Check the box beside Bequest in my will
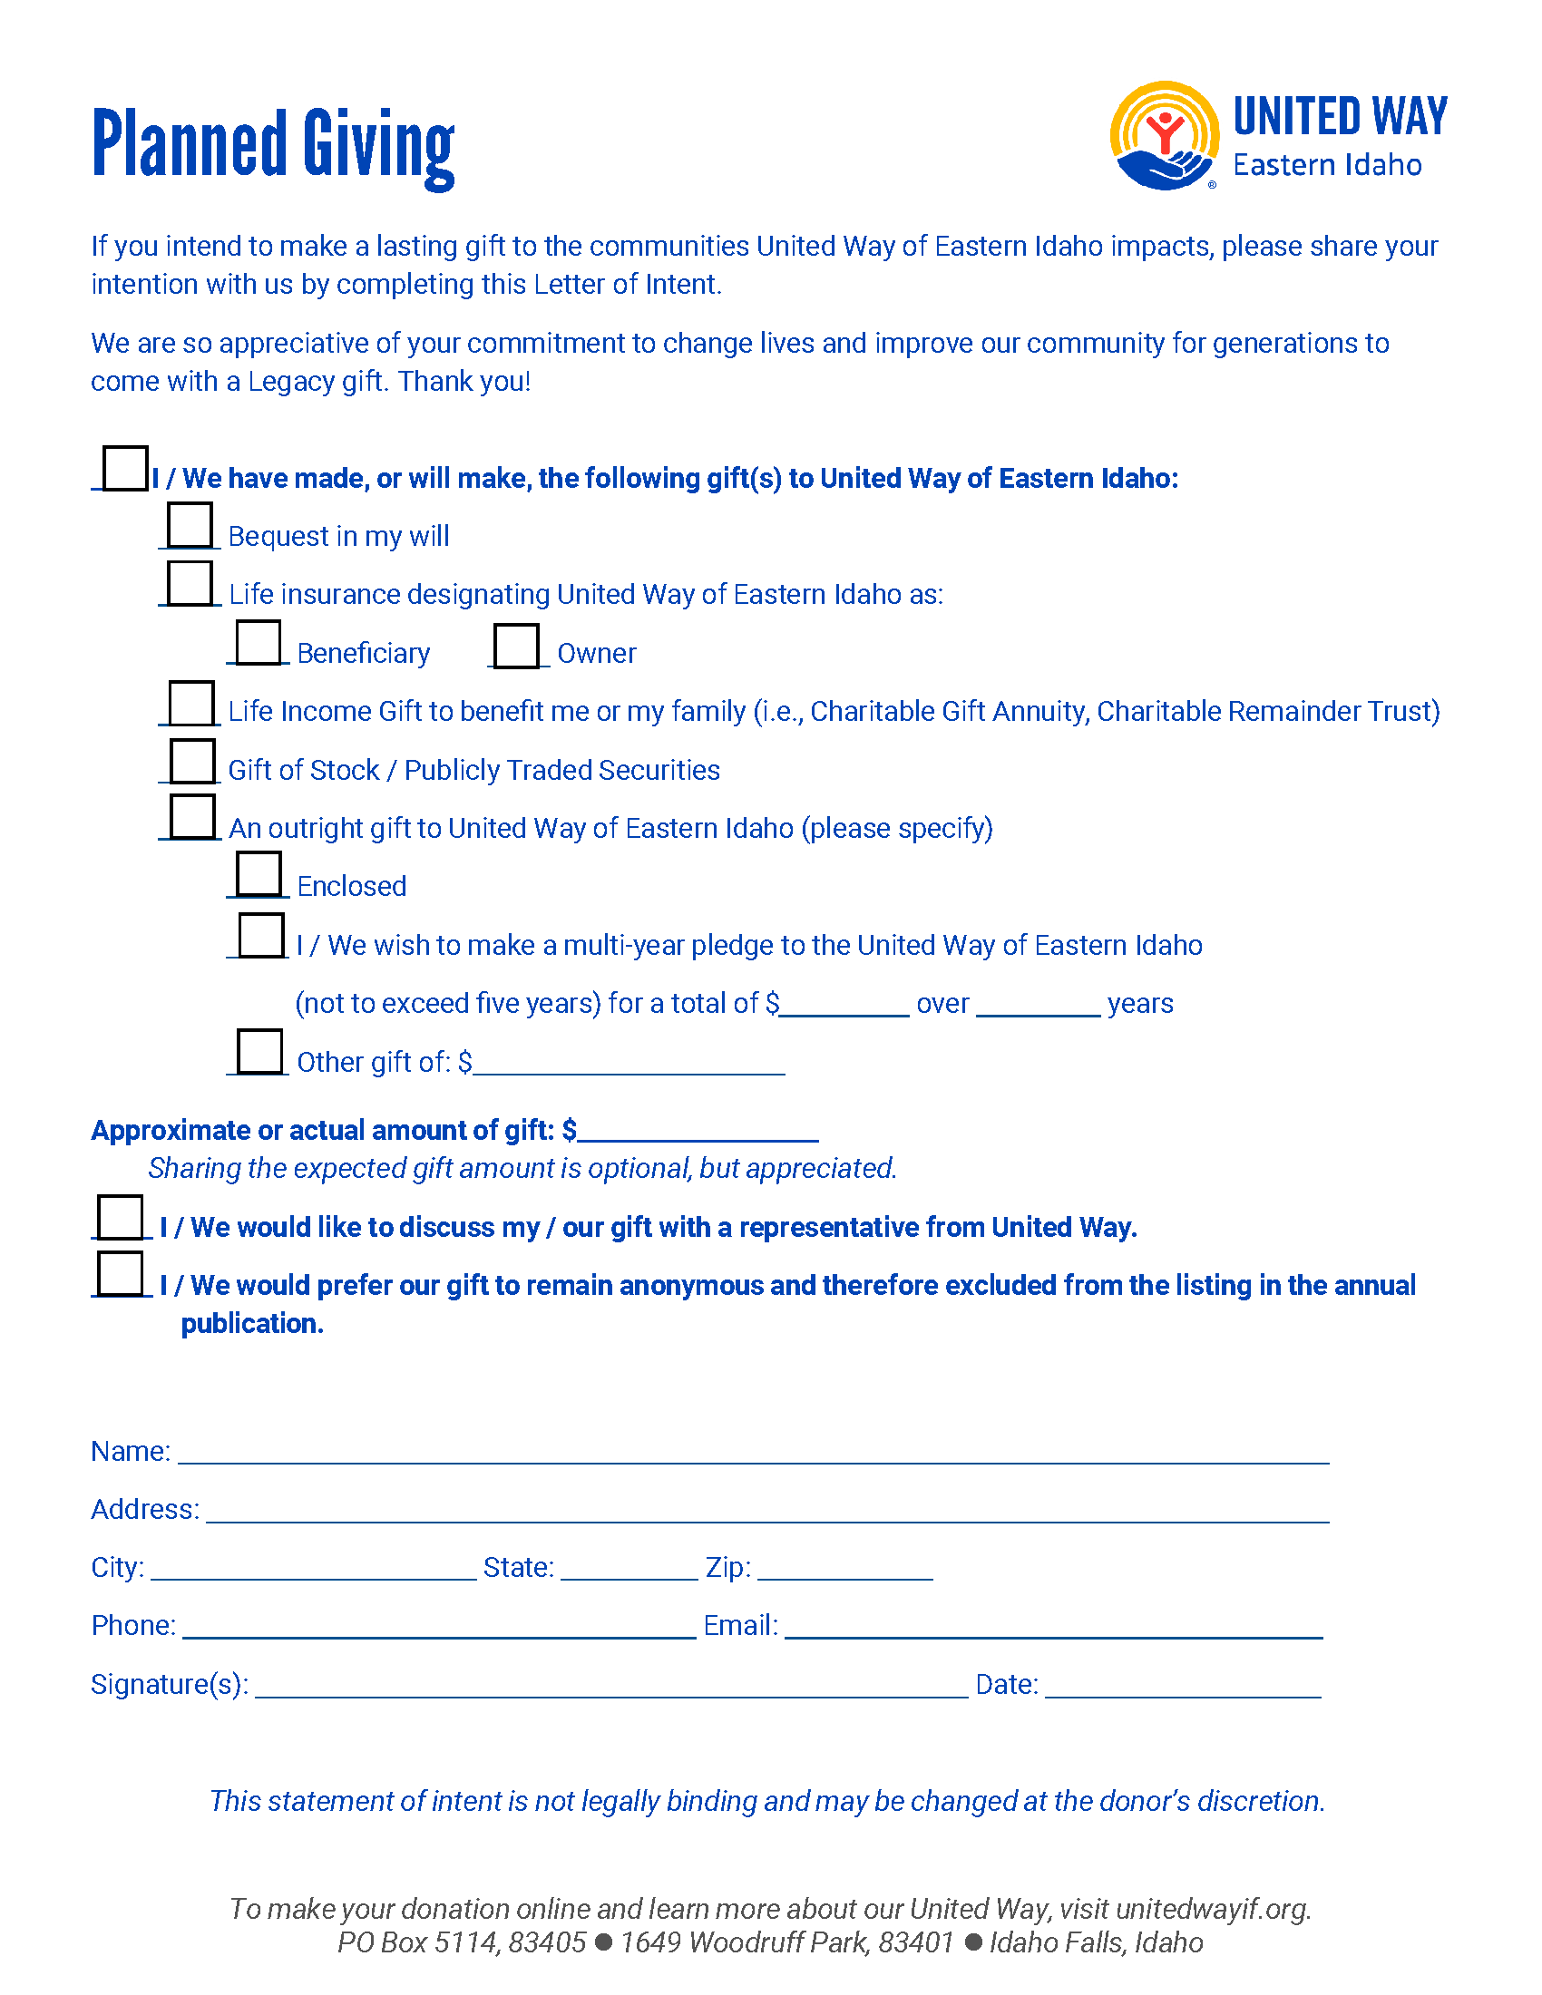[x=190, y=525]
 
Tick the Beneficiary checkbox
[x=259, y=642]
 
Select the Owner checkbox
[x=516, y=645]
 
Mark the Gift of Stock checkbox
[x=192, y=761]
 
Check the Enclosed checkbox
[x=259, y=874]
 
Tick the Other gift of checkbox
[x=259, y=1051]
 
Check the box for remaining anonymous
[x=121, y=1273]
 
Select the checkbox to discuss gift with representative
[x=121, y=1217]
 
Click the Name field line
[x=753, y=1453]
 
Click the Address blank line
[x=767, y=1511]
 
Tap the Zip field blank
[x=845, y=1570]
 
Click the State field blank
[x=629, y=1570]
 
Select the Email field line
[x=1053, y=1628]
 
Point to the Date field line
[x=1183, y=1687]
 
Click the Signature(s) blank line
[x=611, y=1687]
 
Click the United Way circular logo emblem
[x=1164, y=136]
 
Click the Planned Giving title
[x=273, y=145]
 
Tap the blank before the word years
[x=1038, y=1006]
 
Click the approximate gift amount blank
[x=698, y=1133]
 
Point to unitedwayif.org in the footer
[x=1211, y=1909]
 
